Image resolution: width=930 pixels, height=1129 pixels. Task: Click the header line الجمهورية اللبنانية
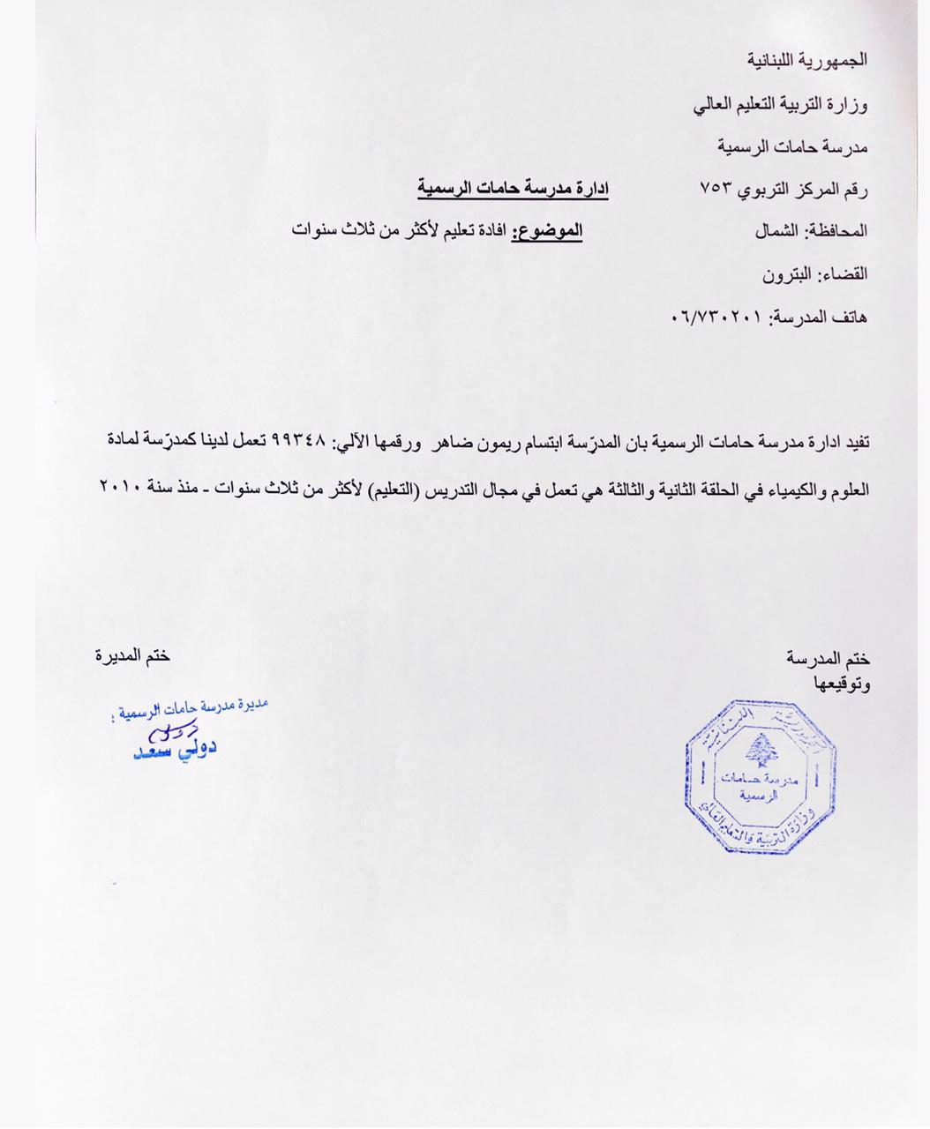(x=807, y=60)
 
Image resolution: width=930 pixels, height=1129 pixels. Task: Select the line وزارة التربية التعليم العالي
(x=780, y=105)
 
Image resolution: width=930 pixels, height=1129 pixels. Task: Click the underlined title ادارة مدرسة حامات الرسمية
(x=513, y=188)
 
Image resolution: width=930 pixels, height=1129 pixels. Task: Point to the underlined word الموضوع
(x=547, y=230)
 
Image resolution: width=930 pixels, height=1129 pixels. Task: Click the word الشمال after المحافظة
(x=777, y=231)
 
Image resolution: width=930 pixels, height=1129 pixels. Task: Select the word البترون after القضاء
(x=791, y=273)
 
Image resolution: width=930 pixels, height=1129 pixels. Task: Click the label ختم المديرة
(x=132, y=655)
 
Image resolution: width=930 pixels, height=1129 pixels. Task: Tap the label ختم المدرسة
(x=828, y=658)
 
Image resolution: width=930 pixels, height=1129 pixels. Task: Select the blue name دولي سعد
(x=175, y=749)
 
